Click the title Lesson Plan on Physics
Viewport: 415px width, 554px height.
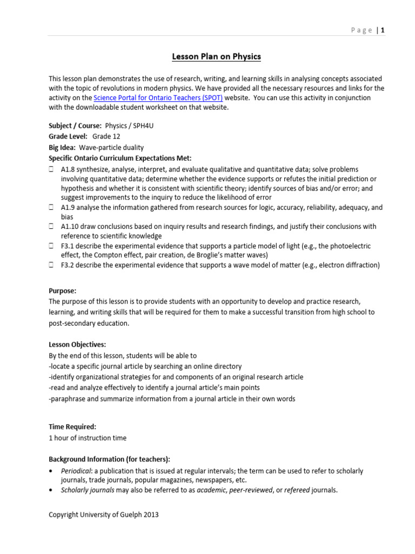coord(216,56)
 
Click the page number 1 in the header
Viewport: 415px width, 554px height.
coord(383,30)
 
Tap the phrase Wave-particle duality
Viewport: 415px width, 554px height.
coord(111,147)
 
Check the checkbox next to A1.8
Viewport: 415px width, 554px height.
coord(51,169)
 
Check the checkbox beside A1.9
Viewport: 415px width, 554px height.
coord(51,207)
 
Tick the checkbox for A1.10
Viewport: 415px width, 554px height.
coord(51,226)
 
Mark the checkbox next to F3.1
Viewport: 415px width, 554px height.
coord(51,246)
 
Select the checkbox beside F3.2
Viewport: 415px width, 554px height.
coord(51,265)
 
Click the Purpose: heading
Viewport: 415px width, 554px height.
coord(63,291)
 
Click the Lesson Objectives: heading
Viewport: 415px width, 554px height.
coord(77,344)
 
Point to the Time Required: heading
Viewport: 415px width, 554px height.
coord(72,426)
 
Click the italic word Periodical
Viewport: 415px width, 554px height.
coord(76,471)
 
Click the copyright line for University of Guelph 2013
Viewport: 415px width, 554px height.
coord(104,515)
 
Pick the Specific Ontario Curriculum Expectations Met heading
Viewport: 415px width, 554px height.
coord(120,158)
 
